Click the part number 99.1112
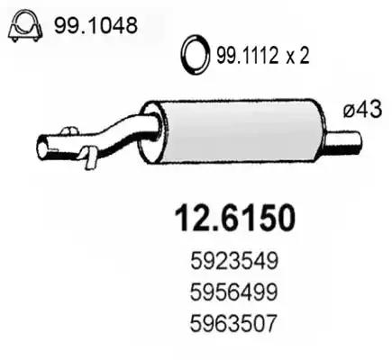pyautogui.click(x=247, y=56)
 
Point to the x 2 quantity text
pyautogui.click(x=297, y=57)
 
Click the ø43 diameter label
pyautogui.click(x=362, y=109)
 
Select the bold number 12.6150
pyautogui.click(x=235, y=218)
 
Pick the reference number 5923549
pyautogui.click(x=233, y=261)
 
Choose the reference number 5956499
pyautogui.click(x=233, y=292)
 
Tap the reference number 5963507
pyautogui.click(x=232, y=323)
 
